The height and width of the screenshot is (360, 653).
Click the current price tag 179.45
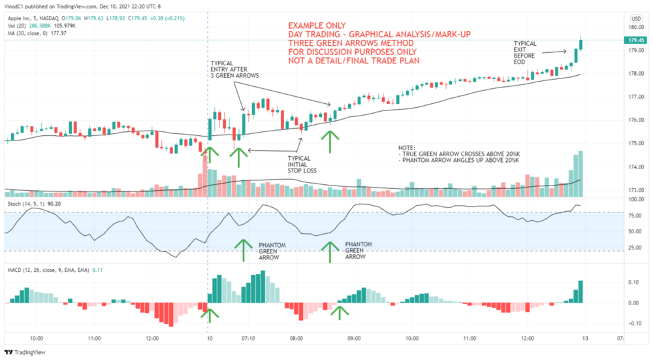coord(635,40)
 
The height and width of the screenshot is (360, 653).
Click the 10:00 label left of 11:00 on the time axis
coord(37,338)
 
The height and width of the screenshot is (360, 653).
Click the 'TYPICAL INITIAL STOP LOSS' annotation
coord(302,164)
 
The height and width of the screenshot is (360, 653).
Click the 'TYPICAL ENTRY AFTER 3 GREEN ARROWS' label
coord(234,70)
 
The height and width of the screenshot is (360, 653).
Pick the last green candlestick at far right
coord(581,44)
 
